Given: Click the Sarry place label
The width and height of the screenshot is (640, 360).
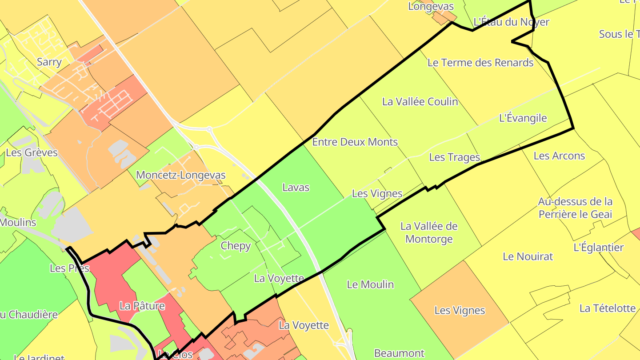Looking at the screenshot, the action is (x=49, y=62).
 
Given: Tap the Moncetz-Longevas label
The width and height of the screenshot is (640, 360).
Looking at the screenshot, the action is (x=180, y=175).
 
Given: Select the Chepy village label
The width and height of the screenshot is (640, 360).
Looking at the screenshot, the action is (x=236, y=246).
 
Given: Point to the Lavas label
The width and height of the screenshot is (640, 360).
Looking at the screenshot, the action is (x=296, y=188).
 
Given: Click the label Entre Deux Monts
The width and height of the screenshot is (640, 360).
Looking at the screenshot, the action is (x=355, y=142).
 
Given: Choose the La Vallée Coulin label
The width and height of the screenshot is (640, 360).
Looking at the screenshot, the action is (x=420, y=102).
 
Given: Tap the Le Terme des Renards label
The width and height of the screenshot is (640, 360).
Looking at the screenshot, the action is (x=480, y=63).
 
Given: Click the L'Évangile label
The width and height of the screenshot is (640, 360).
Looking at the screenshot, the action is (x=523, y=118).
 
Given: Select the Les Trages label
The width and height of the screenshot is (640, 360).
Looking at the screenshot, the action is (x=454, y=157).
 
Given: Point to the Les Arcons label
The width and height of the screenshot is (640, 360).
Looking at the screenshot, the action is (x=559, y=156).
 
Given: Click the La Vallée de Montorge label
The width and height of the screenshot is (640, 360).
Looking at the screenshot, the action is (x=429, y=232).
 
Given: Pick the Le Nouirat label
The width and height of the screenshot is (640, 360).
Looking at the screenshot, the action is (x=528, y=256).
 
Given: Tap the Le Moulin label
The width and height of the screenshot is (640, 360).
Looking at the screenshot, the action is (x=370, y=284).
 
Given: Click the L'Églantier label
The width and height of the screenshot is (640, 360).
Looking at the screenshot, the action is (x=598, y=248).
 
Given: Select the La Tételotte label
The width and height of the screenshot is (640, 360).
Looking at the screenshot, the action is (x=607, y=308).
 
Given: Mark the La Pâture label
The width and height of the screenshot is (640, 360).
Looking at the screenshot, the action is (x=142, y=306).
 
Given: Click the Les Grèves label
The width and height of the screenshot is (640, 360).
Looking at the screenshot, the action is (x=32, y=153).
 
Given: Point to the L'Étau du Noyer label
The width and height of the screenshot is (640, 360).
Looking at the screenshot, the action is (x=511, y=22).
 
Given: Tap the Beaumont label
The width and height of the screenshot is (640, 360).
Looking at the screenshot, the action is (x=399, y=353).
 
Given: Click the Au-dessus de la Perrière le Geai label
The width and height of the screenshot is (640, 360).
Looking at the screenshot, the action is (x=575, y=208).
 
